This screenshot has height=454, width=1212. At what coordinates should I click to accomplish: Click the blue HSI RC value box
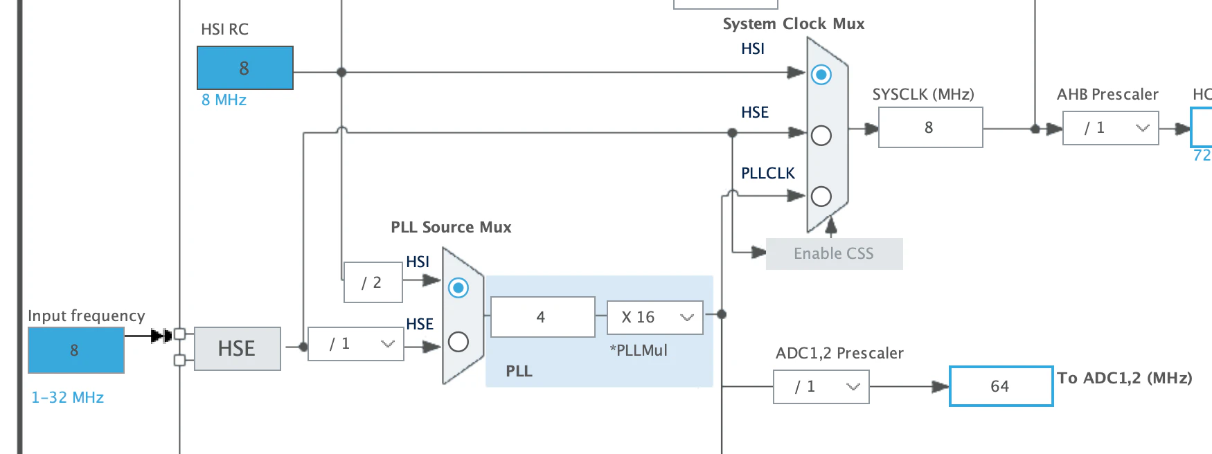click(x=245, y=68)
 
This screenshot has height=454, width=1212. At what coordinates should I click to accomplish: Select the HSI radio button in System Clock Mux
click(x=821, y=75)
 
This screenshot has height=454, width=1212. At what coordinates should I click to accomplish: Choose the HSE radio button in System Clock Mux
click(x=821, y=136)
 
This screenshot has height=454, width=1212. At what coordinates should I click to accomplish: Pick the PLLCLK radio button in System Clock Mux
click(x=821, y=197)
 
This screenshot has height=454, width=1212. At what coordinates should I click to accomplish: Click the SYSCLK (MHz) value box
click(x=930, y=127)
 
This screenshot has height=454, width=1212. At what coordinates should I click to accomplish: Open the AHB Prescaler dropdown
click(x=1110, y=128)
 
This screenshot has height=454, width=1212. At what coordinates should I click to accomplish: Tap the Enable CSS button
click(x=834, y=254)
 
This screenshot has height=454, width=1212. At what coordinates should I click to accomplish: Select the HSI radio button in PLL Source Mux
click(x=458, y=287)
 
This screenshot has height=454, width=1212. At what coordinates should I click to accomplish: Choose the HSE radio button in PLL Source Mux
click(x=458, y=342)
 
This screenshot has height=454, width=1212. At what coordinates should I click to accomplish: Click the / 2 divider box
click(x=373, y=282)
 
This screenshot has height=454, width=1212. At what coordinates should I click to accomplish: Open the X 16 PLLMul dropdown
click(x=655, y=317)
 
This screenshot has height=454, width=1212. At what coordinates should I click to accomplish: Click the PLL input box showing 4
click(x=542, y=317)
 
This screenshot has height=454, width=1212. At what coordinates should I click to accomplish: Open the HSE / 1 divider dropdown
click(x=355, y=344)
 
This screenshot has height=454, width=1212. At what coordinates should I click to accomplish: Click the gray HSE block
click(x=238, y=349)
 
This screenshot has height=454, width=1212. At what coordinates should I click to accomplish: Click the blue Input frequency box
click(x=76, y=350)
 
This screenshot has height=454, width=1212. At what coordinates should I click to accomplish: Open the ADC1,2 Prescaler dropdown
click(x=821, y=387)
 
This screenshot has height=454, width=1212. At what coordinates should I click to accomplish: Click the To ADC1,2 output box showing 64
click(x=1001, y=386)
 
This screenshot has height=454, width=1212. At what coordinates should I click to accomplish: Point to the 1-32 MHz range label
click(x=67, y=398)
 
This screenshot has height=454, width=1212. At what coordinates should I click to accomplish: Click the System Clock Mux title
click(x=794, y=24)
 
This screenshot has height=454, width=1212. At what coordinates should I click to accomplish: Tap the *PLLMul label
click(x=639, y=350)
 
